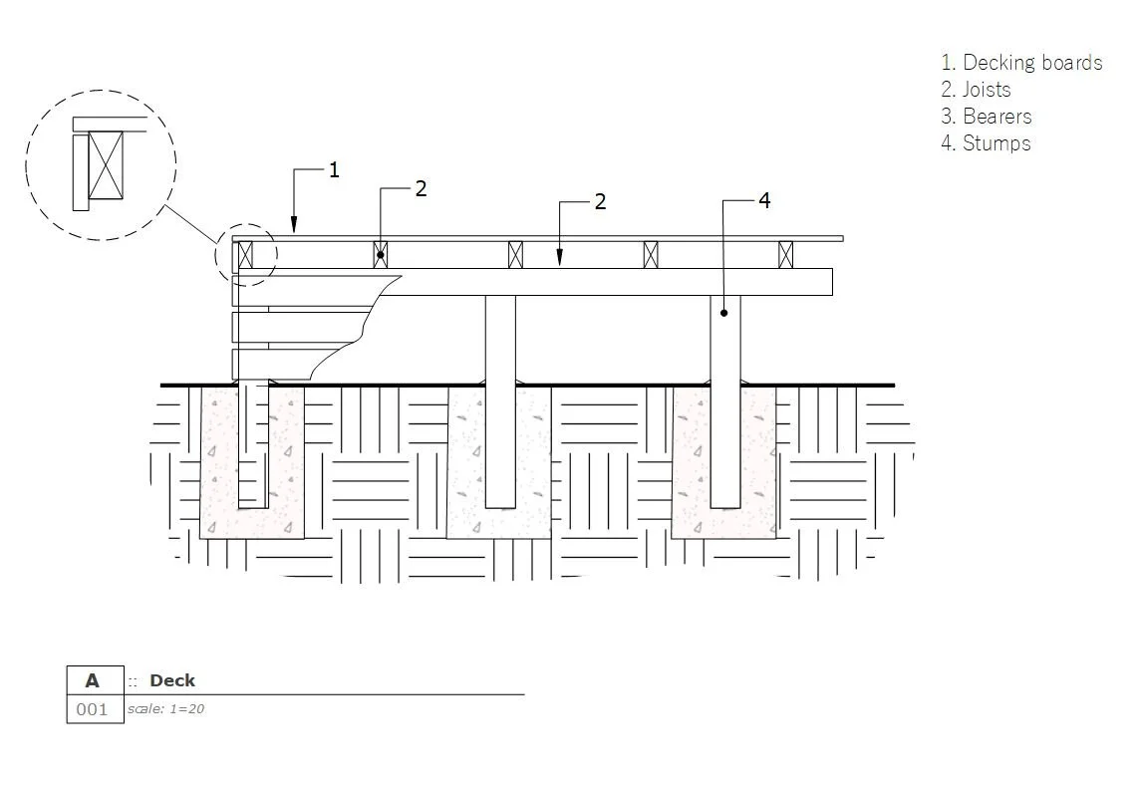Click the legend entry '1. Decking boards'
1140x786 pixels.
pyautogui.click(x=1021, y=63)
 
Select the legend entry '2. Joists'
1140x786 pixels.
pyautogui.click(x=976, y=90)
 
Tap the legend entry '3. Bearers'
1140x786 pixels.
pyautogui.click(x=986, y=117)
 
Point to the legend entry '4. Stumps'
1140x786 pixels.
pyautogui.click(x=986, y=143)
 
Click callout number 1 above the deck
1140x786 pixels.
pyautogui.click(x=334, y=170)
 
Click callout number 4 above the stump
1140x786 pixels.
pyautogui.click(x=764, y=200)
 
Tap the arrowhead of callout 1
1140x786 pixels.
pyautogui.click(x=294, y=228)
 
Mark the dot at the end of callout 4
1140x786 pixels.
pyautogui.click(x=724, y=313)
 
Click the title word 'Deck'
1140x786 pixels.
pyautogui.click(x=172, y=680)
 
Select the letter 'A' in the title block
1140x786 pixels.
pyautogui.click(x=93, y=680)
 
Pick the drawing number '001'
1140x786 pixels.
pyautogui.click(x=92, y=709)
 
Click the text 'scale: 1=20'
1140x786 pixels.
pyautogui.click(x=165, y=709)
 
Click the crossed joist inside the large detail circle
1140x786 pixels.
pyautogui.click(x=107, y=165)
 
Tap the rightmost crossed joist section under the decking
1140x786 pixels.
pyautogui.click(x=785, y=255)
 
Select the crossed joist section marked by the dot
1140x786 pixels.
pyautogui.click(x=380, y=255)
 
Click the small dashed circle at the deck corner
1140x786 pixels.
pyautogui.click(x=245, y=255)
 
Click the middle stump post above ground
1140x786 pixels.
pyautogui.click(x=500, y=339)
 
